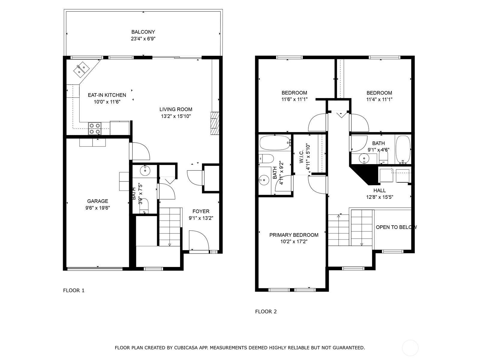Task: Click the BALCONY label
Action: point(143,32)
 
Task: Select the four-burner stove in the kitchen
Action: point(95,128)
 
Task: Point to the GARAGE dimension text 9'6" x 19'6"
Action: point(97,208)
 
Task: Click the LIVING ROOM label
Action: point(176,109)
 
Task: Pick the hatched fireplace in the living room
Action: point(215,123)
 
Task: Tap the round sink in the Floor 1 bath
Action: point(145,171)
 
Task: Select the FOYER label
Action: point(201,211)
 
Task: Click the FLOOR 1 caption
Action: point(74,290)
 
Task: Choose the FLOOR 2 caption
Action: point(266,311)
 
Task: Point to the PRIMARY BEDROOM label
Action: point(294,235)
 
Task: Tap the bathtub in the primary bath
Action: point(275,143)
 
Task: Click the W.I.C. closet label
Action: point(301,157)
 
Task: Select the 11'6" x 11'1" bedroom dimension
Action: point(294,100)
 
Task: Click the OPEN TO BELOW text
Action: point(396,227)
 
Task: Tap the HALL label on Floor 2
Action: point(379,190)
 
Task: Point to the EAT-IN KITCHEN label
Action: point(107,95)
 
